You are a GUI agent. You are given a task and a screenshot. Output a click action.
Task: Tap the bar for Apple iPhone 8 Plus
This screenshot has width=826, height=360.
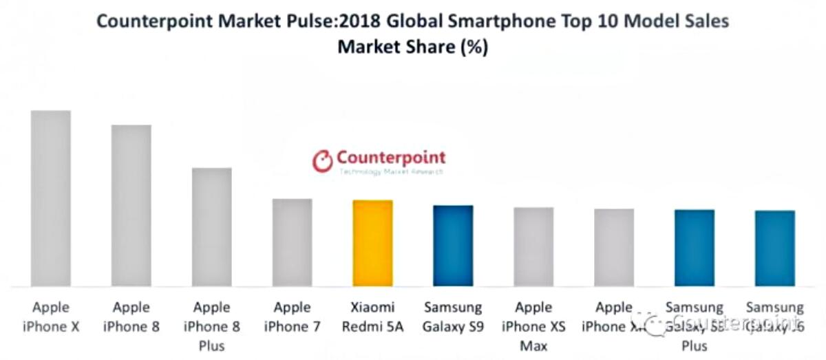point(211,227)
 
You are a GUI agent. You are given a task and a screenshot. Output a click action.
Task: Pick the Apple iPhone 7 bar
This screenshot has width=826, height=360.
point(292,242)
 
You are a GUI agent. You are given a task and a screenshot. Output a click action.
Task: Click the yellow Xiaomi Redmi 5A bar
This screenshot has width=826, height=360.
point(372,243)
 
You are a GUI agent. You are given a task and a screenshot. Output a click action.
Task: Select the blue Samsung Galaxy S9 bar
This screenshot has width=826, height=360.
point(453,246)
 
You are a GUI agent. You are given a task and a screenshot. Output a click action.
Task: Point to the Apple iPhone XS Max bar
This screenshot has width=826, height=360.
point(533,246)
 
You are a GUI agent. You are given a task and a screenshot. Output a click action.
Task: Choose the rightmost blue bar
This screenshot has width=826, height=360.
point(775,248)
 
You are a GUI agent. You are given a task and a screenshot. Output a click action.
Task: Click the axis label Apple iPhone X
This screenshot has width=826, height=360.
point(50,317)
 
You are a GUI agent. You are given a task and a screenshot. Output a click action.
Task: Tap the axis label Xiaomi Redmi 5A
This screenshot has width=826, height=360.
point(372,317)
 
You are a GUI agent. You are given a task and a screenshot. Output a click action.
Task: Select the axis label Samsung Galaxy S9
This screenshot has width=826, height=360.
point(453,317)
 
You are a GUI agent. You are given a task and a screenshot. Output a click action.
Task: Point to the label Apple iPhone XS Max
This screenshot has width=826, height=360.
point(533,326)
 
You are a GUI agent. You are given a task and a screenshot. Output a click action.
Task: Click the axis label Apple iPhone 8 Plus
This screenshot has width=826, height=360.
point(211,326)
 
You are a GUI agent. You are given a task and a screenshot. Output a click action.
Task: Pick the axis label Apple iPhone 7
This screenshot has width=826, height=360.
point(292,317)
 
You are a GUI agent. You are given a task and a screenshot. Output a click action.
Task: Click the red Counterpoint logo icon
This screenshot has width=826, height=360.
point(322,161)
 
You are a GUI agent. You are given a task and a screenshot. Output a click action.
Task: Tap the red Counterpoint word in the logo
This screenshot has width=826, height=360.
point(391,158)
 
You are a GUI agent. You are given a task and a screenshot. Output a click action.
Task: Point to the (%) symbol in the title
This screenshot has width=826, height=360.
point(473,47)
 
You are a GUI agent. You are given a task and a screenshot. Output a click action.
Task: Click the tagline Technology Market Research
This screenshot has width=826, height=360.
point(390,172)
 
